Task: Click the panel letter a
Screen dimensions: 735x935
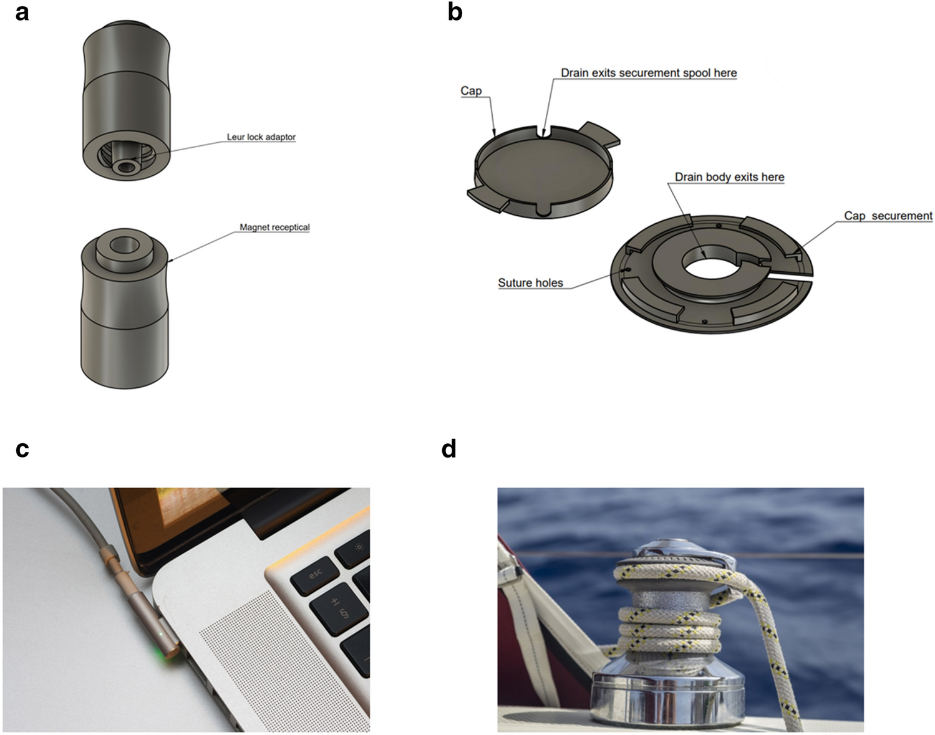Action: pos(22,12)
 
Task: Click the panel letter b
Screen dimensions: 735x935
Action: pos(455,12)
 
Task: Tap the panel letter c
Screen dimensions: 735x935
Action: pos(22,449)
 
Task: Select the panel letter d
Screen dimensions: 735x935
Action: pos(448,449)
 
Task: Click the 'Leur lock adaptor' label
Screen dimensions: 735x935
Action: pos(261,137)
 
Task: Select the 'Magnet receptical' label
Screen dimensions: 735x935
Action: pos(274,227)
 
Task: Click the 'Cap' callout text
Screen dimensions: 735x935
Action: pos(471,91)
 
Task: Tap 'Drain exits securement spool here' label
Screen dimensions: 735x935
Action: pos(649,73)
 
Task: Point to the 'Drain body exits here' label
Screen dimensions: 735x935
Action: pos(729,177)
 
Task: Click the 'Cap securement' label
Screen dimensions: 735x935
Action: pos(888,216)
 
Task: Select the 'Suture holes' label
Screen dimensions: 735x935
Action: pos(530,283)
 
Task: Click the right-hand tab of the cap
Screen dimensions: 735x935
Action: pos(600,134)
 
